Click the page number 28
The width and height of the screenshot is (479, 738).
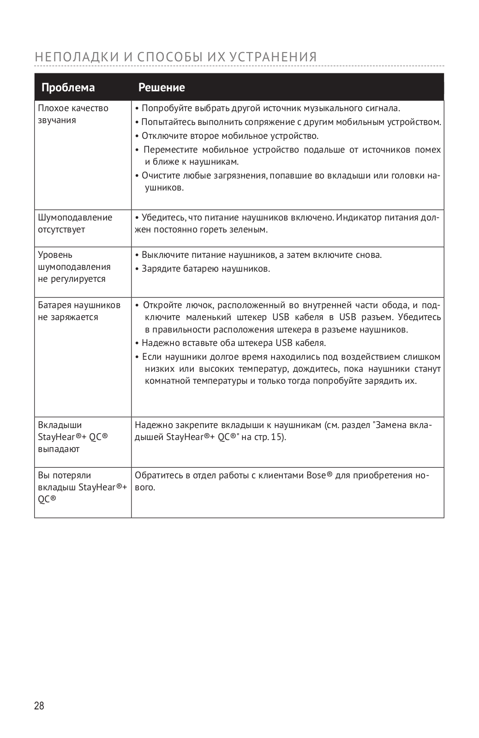point(39,705)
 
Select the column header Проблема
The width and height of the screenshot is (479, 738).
point(68,88)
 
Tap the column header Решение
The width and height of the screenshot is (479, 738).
point(162,88)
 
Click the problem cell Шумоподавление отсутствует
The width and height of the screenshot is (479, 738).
point(75,223)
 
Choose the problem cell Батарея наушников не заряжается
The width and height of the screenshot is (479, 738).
point(78,311)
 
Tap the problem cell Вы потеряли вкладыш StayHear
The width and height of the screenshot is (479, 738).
point(82,487)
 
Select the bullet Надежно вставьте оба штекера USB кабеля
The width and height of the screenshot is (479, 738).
point(234,343)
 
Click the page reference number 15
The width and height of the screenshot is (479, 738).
point(276,437)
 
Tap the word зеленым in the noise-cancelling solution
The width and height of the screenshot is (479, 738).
point(252,230)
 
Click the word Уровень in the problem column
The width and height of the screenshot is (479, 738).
point(55,255)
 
